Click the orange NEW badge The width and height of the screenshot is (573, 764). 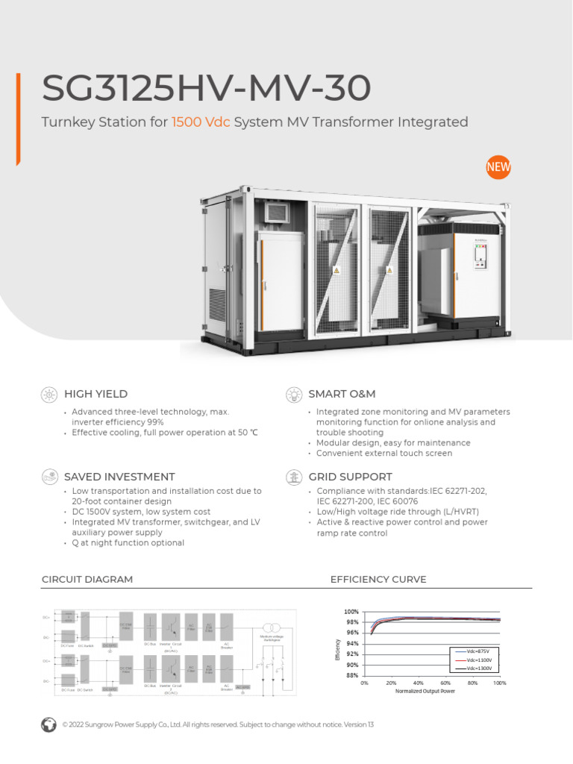498,168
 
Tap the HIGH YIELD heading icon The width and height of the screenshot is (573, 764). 49,394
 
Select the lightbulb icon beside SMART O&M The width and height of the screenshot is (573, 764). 294,394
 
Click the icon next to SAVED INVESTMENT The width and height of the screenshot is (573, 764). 49,476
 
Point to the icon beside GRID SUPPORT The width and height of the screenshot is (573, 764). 294,476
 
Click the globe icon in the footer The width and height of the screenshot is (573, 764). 49,724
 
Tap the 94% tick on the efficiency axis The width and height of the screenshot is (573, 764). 351,644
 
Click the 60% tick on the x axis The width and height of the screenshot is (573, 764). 445,683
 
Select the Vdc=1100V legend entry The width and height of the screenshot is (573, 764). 477,660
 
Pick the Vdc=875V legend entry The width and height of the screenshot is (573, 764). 477,651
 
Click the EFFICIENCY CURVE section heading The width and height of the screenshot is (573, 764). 378,580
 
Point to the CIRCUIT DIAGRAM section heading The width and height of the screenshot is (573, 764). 87,580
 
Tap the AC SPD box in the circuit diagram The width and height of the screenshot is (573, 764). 242,687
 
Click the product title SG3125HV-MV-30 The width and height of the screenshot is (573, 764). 206,90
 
